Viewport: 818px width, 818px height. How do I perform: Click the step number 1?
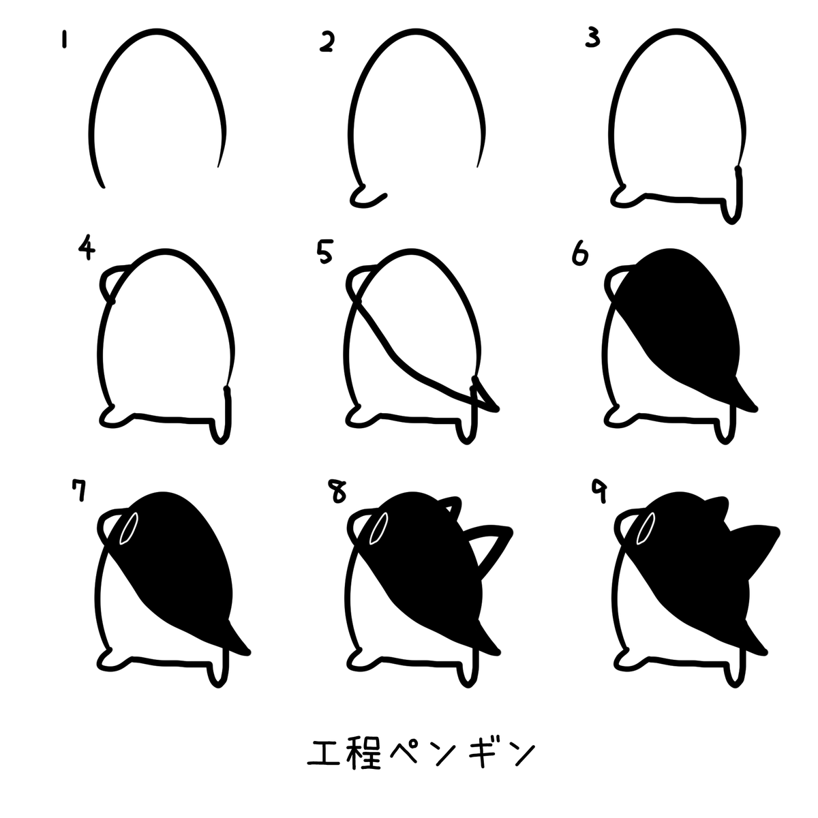[64, 39]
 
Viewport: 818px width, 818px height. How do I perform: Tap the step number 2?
[327, 42]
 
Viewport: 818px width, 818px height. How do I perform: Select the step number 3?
[592, 38]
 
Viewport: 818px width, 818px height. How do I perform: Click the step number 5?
[325, 252]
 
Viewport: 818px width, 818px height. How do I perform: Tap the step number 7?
[79, 490]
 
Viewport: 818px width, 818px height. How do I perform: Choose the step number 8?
[338, 491]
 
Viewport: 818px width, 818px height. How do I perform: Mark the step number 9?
[599, 491]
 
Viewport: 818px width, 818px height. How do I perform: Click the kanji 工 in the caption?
[324, 753]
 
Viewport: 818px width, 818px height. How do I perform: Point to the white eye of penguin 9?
[646, 528]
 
